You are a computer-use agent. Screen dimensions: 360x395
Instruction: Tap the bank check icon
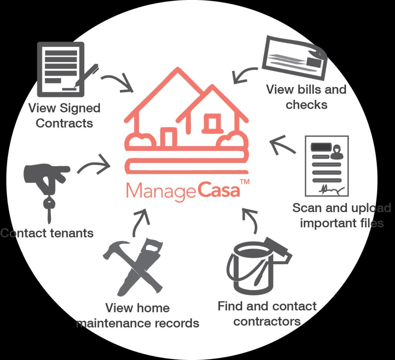(294, 58)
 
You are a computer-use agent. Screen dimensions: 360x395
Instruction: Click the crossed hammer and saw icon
(133, 266)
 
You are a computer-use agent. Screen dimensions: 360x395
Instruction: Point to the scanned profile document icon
(326, 166)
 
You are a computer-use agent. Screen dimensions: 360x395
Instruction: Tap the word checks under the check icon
(306, 104)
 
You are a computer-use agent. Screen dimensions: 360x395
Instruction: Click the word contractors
(267, 321)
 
